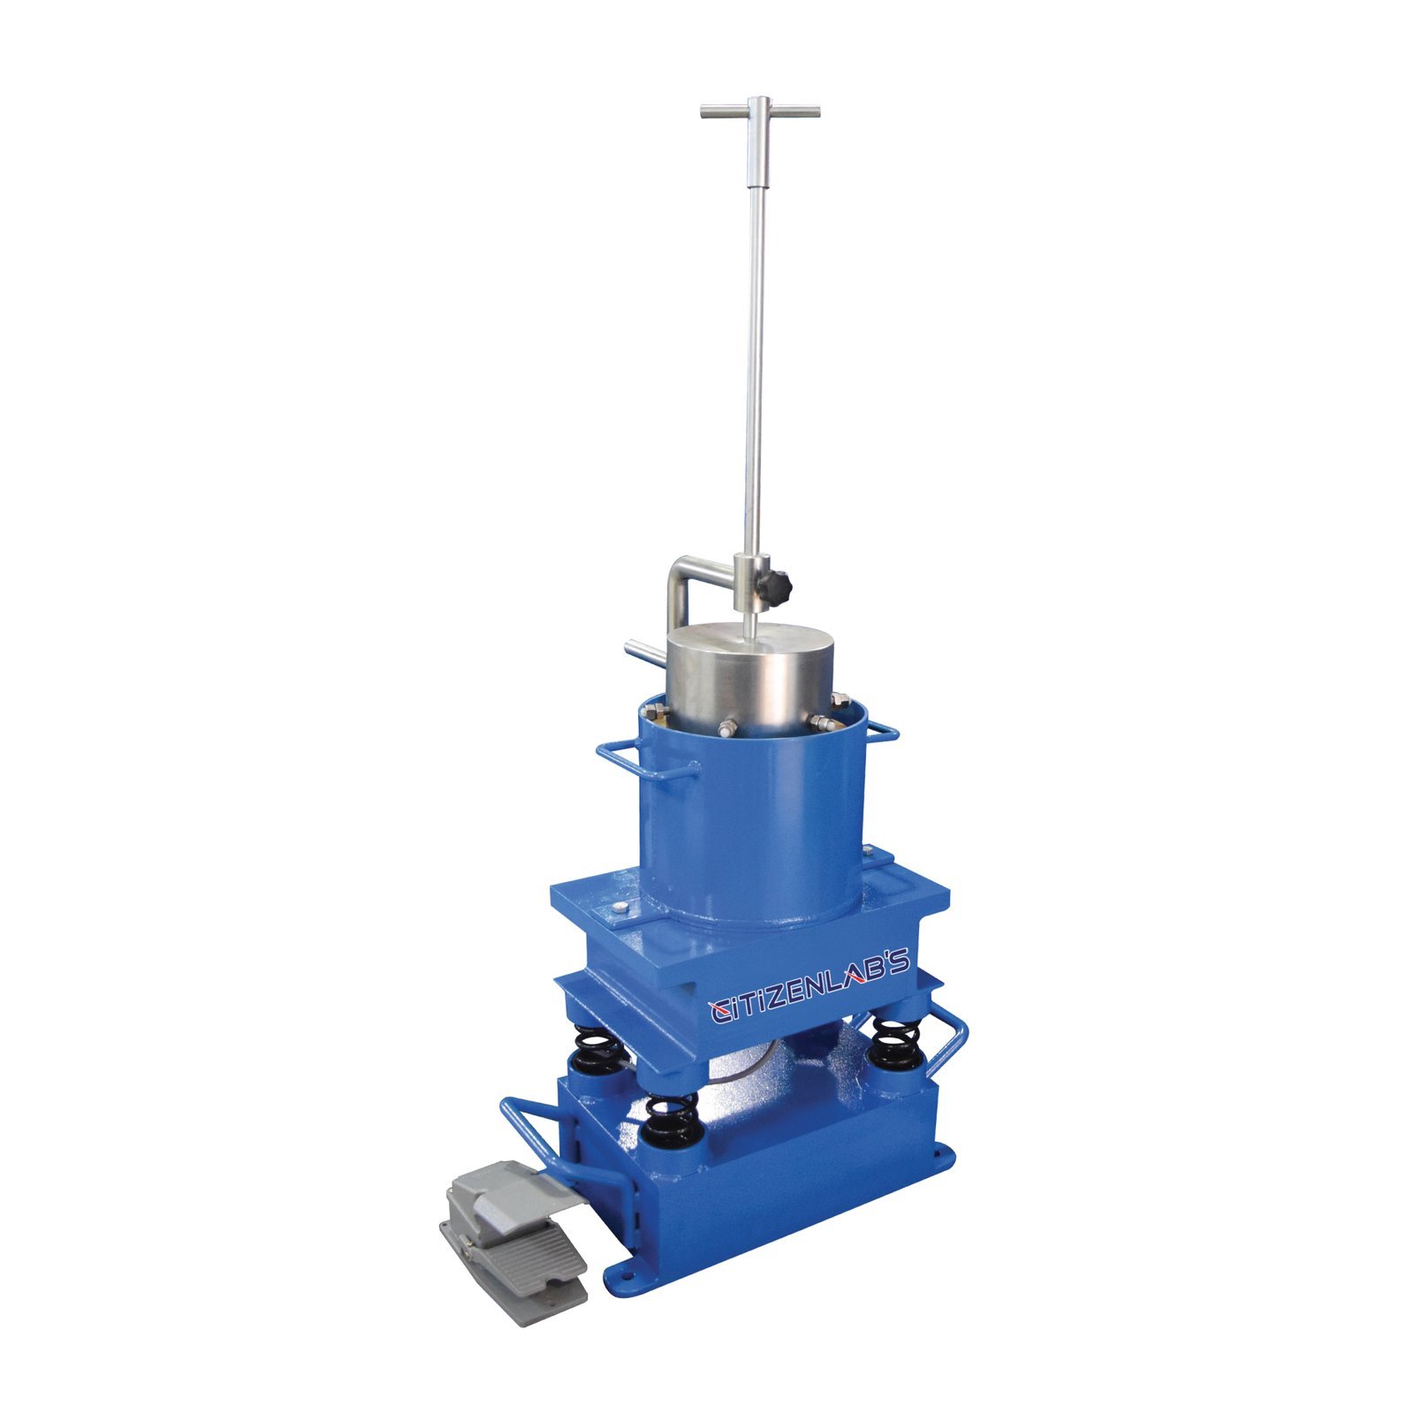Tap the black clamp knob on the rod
coord(779,583)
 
